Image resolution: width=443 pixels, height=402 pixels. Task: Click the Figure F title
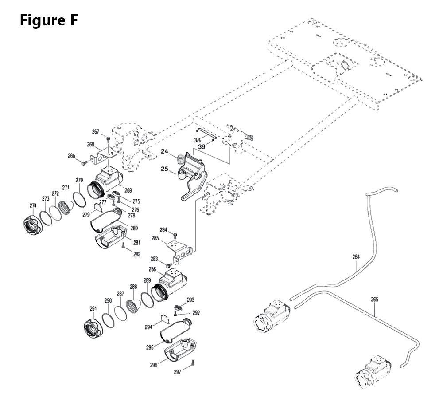49,20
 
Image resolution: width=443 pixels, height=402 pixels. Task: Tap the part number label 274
33,205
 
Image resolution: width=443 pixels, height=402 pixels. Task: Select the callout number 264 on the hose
356,257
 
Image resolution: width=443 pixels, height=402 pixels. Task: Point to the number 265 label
374,300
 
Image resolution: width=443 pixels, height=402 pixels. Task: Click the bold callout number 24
164,151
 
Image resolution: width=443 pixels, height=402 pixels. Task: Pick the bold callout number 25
164,169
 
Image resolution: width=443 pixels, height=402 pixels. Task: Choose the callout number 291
93,309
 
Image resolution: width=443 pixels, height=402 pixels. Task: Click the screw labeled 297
193,364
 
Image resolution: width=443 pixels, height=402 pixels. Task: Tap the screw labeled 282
123,245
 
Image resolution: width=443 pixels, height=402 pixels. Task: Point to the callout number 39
202,147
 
